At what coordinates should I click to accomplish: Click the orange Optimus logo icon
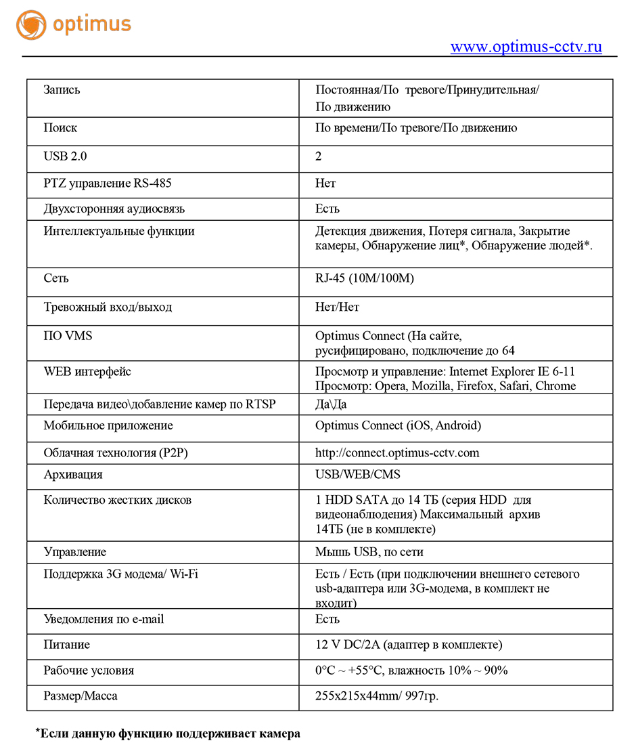click(x=31, y=25)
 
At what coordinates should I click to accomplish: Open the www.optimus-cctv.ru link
click(x=526, y=47)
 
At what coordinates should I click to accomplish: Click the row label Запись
click(x=62, y=89)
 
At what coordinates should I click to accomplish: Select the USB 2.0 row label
click(x=65, y=156)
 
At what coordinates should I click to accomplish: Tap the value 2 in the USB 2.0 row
click(x=319, y=156)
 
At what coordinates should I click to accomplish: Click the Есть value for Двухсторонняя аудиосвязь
click(x=327, y=209)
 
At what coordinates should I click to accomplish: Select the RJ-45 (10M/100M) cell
click(x=364, y=279)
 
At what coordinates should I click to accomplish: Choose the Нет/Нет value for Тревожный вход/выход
click(x=337, y=307)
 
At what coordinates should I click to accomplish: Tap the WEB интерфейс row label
click(x=87, y=372)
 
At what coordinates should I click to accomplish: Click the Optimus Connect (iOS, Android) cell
click(x=398, y=426)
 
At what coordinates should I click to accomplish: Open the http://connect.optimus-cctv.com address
click(x=397, y=453)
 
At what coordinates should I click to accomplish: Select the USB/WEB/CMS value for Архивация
click(x=358, y=475)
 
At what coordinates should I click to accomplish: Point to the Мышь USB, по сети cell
click(x=369, y=552)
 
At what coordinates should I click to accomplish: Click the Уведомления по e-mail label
click(x=104, y=619)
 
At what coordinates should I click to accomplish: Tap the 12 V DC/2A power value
click(x=409, y=645)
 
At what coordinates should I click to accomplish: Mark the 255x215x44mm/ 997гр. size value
click(x=377, y=696)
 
